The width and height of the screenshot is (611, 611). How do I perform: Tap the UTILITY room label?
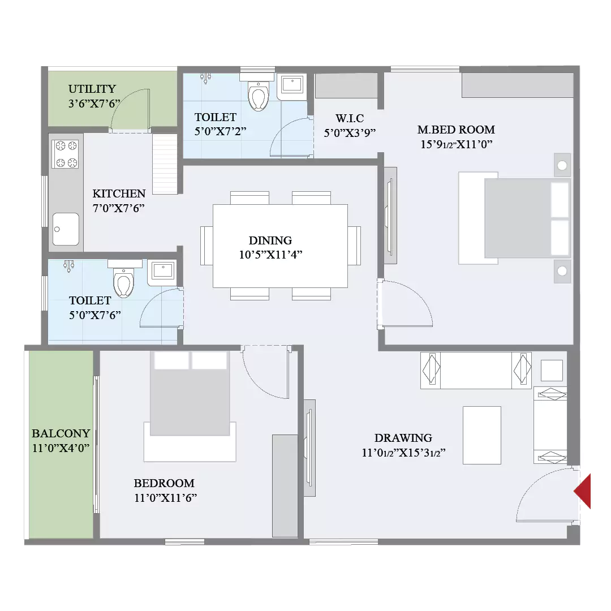point(92,89)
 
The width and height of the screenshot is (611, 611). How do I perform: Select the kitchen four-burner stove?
point(66,154)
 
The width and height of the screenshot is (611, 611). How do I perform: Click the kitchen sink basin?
point(66,229)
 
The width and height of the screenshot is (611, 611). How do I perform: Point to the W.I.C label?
point(350,118)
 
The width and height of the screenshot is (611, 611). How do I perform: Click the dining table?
point(280,246)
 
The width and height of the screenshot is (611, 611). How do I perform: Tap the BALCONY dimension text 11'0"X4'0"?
point(61,448)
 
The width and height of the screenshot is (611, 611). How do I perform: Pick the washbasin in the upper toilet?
point(291,85)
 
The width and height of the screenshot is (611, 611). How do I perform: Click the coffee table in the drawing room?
point(482,435)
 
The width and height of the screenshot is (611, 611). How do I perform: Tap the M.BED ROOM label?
point(456,130)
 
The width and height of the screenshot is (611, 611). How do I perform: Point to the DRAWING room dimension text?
point(403,453)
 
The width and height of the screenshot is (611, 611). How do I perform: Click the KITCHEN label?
point(119,193)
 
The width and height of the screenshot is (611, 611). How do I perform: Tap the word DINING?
point(270,240)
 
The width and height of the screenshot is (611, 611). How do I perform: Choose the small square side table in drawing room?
point(552,371)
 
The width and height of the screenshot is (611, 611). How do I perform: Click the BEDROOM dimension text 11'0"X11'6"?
point(166,498)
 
